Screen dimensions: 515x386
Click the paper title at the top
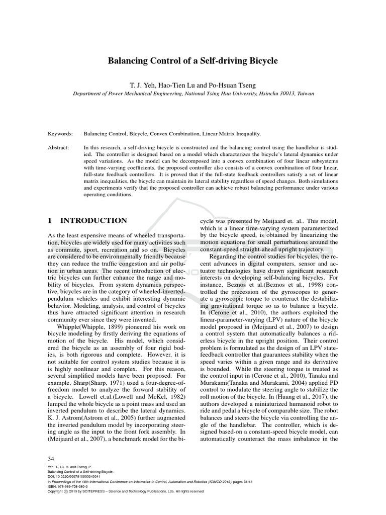pyautogui.click(x=193, y=61)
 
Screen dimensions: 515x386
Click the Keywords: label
pyautogui.click(x=60, y=134)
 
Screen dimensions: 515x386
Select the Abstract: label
pyautogui.click(x=59, y=148)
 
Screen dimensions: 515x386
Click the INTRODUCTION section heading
pyautogui.click(x=93, y=220)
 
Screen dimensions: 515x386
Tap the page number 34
pyautogui.click(x=51, y=459)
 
